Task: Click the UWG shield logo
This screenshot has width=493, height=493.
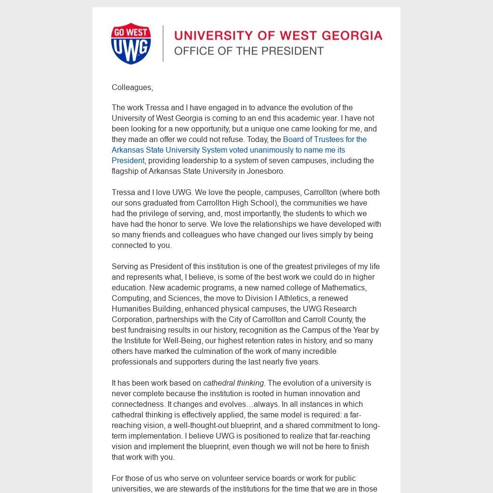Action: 131,43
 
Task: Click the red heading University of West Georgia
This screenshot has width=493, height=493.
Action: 278,36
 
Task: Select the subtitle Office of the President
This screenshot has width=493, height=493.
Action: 248,51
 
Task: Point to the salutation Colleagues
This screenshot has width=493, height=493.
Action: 132,87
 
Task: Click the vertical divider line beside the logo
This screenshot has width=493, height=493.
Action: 163,43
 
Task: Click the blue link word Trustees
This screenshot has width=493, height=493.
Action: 326,139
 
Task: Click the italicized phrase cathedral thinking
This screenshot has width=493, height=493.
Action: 234,383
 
